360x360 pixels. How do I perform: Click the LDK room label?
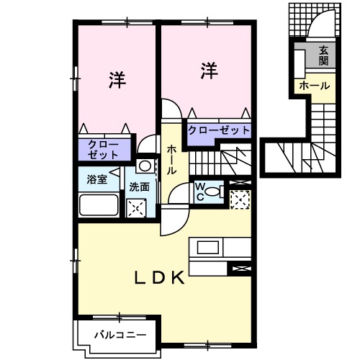[160, 277]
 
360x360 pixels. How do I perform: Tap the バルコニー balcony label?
[120, 335]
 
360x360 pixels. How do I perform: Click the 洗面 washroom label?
[140, 186]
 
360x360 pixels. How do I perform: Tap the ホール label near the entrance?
[314, 86]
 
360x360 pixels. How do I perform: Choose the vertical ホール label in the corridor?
[173, 160]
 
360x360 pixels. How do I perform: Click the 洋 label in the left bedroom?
[117, 79]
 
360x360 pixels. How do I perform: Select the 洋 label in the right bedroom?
[208, 71]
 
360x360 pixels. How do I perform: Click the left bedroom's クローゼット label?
[104, 150]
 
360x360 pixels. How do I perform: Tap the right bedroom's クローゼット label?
[219, 130]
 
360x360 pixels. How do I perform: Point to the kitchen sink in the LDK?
[208, 248]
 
